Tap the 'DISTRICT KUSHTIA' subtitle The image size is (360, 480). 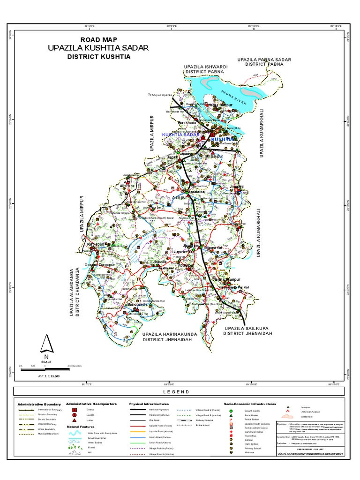pos(98,57)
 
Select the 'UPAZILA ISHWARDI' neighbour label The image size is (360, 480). pos(206,67)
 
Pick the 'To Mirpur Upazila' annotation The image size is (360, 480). pos(157,95)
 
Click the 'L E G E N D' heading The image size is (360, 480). pos(176,392)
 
